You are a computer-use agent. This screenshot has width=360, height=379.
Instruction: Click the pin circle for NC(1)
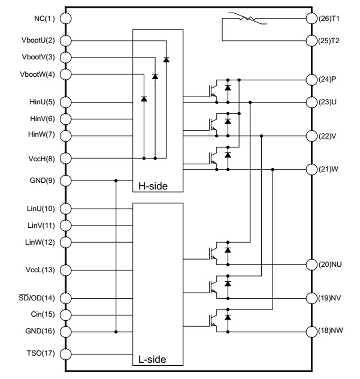tap(66, 18)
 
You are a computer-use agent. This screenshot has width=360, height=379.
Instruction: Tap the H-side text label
tap(153, 186)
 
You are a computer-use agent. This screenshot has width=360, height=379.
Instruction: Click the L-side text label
tap(152, 359)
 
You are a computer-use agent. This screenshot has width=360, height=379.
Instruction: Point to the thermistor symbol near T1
tap(248, 18)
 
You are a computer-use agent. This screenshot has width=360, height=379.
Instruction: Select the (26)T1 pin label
tap(329, 18)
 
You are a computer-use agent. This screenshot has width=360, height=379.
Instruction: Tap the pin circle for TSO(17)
tap(66, 354)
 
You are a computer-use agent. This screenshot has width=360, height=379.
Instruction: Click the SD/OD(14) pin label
tap(37, 298)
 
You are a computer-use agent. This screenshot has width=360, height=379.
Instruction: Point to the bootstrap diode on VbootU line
tap(166, 60)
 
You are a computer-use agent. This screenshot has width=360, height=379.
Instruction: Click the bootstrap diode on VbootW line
tap(144, 98)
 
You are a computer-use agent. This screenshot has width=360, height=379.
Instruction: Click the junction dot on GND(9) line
tap(116, 180)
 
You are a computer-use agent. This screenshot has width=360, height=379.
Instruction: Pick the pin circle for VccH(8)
tap(66, 158)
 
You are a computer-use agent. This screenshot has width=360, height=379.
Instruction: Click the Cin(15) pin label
tap(43, 315)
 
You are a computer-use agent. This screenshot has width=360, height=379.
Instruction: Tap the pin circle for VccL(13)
tap(66, 270)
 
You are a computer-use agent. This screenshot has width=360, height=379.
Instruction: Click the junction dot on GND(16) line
tap(116, 331)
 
